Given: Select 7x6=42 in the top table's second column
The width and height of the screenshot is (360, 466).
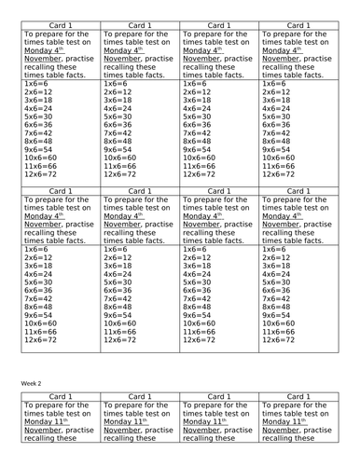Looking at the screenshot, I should click(x=118, y=133).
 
